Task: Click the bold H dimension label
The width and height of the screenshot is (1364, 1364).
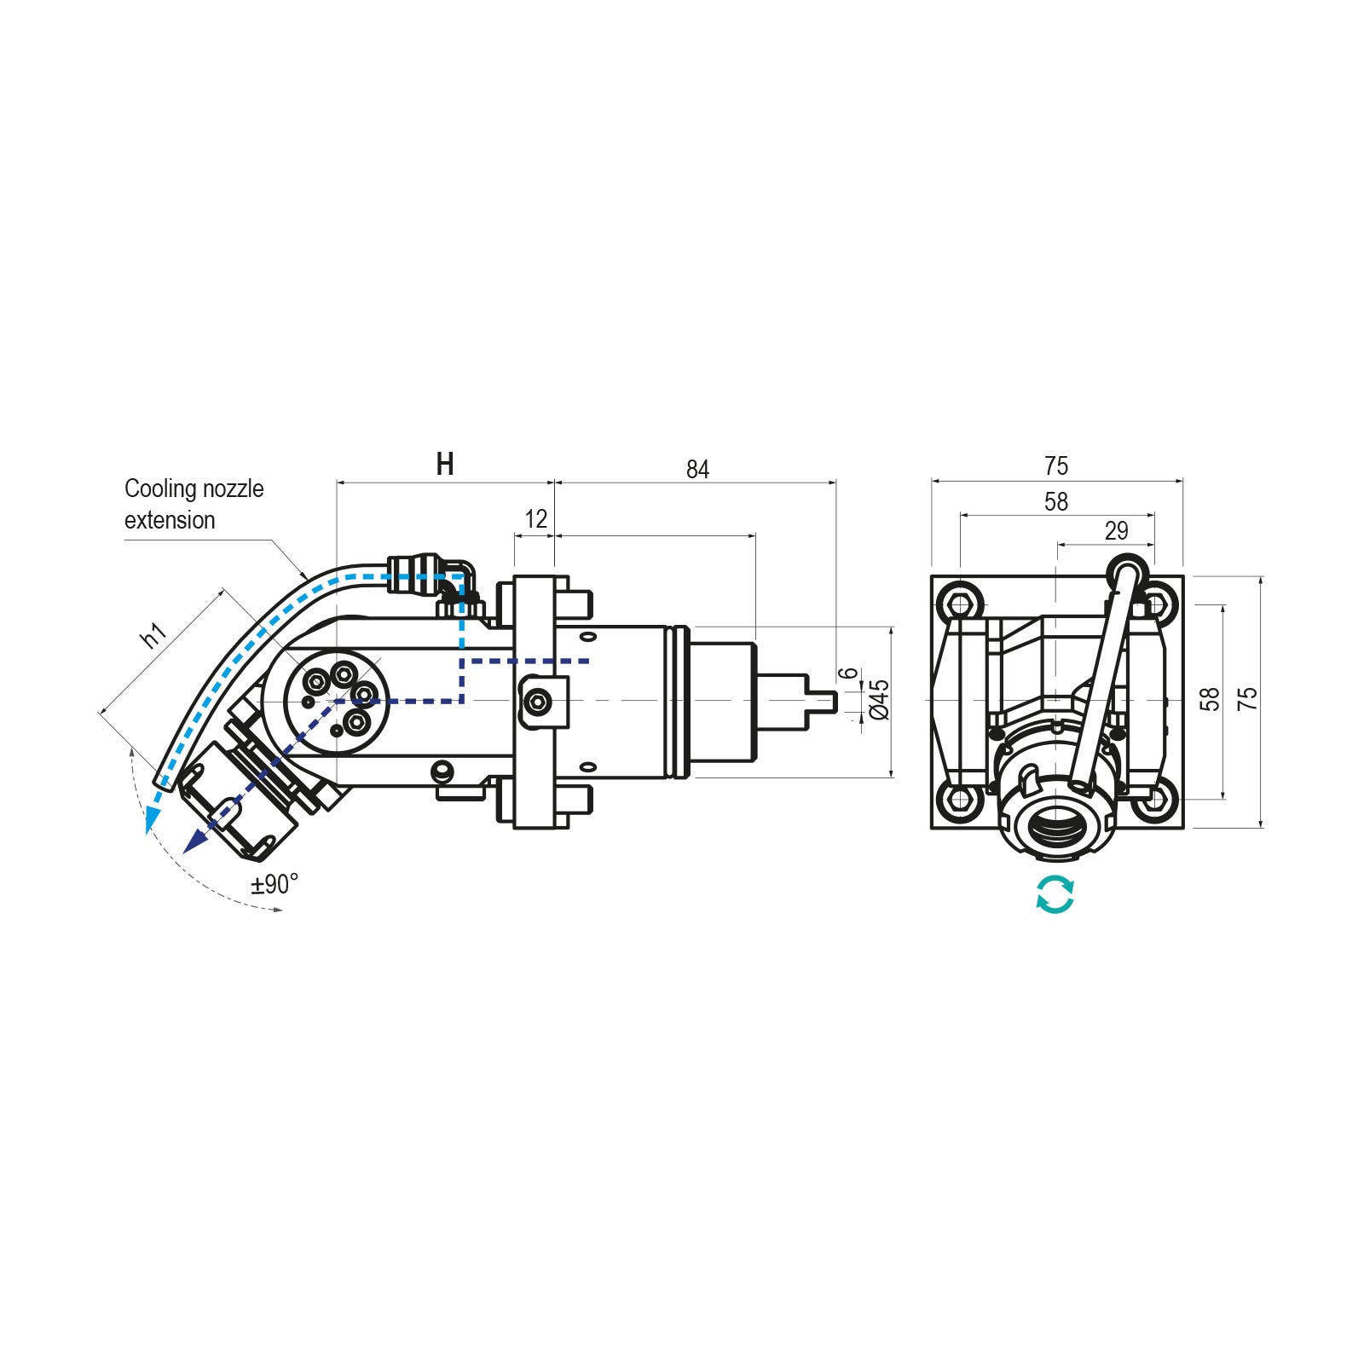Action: [x=444, y=465]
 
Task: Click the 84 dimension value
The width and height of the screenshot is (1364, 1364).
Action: [x=697, y=470]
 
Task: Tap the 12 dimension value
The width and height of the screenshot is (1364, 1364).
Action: [x=535, y=518]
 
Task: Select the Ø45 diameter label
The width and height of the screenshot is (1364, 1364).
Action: [x=881, y=699]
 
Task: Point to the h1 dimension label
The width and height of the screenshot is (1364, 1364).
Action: [x=153, y=635]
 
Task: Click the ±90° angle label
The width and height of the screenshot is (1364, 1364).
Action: [x=275, y=884]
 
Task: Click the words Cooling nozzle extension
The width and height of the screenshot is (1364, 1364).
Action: [x=194, y=504]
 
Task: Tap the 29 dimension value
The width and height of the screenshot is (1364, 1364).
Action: [x=1116, y=531]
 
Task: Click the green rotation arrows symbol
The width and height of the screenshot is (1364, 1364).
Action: [x=1055, y=894]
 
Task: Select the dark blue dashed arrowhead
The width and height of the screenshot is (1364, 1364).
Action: [x=195, y=841]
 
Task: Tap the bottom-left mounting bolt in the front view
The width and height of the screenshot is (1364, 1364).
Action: [x=961, y=799]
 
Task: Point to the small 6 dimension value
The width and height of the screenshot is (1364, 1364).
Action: [x=848, y=673]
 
